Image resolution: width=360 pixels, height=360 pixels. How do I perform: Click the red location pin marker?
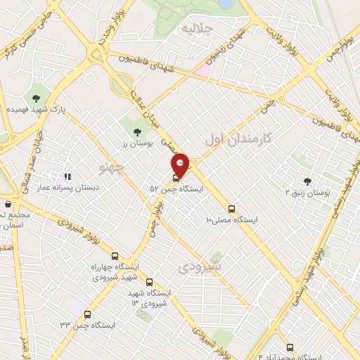pyautogui.click(x=181, y=165)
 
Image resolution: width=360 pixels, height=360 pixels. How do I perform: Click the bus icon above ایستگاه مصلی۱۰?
pyautogui.click(x=231, y=209)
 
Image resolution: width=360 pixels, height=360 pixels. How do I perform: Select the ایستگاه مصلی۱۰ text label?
pyautogui.click(x=231, y=220)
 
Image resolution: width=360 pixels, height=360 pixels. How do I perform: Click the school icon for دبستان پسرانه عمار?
pyautogui.click(x=67, y=176)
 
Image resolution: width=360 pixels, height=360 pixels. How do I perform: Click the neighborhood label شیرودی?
pyautogui.click(x=200, y=268)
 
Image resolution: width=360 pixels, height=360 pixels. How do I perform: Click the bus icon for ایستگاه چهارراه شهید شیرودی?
pyautogui.click(x=115, y=257)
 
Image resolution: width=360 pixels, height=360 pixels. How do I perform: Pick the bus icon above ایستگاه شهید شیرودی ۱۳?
pyautogui.click(x=149, y=282)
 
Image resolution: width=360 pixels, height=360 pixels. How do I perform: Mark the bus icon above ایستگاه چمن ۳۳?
pyautogui.click(x=88, y=314)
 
